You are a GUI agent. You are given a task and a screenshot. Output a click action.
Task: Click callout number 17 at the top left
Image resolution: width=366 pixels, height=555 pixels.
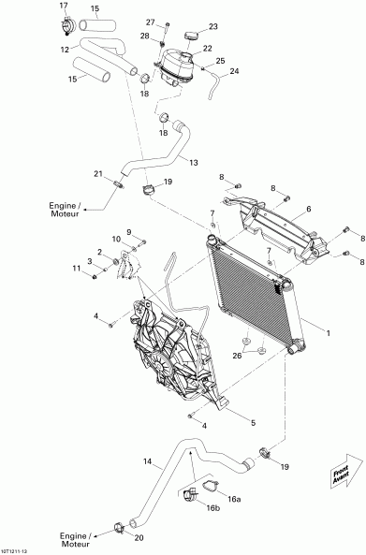(x=64, y=6)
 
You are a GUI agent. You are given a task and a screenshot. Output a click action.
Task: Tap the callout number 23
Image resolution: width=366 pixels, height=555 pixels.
(x=212, y=26)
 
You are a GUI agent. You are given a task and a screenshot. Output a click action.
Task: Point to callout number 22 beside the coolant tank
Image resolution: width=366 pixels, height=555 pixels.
(x=207, y=48)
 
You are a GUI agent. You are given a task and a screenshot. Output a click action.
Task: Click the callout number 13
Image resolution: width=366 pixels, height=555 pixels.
(x=194, y=163)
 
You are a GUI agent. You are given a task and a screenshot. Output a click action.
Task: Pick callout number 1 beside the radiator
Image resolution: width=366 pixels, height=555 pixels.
(x=328, y=331)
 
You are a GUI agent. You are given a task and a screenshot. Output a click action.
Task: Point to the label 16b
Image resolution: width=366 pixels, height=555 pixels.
(x=213, y=509)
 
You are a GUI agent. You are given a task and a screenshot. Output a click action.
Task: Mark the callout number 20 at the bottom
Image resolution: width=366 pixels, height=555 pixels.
(x=140, y=539)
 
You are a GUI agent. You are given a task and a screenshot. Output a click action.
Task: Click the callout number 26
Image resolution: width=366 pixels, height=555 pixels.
(x=237, y=355)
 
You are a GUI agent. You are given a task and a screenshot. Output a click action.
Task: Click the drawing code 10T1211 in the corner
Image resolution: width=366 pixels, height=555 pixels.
(x=18, y=549)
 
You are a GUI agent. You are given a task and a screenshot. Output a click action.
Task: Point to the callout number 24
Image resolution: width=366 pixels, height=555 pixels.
(x=234, y=71)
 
